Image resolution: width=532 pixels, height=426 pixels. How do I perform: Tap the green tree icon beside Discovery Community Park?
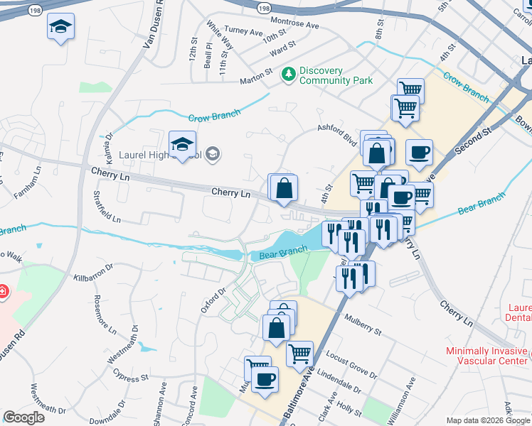click(x=288, y=73)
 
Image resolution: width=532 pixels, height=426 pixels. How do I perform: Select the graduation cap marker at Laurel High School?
click(x=183, y=144)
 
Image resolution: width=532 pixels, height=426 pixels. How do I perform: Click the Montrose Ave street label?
click(x=294, y=24)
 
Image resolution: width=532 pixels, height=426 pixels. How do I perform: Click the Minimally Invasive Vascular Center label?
click(x=486, y=356)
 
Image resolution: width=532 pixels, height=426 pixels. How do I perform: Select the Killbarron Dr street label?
click(x=93, y=273)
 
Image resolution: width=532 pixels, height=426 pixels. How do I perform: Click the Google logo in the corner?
click(x=23, y=417)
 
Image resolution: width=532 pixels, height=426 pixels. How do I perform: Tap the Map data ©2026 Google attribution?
click(x=488, y=420)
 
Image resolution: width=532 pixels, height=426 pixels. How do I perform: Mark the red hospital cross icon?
click(x=3, y=291)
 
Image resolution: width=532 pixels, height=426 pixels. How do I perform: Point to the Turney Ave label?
click(x=243, y=31)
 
